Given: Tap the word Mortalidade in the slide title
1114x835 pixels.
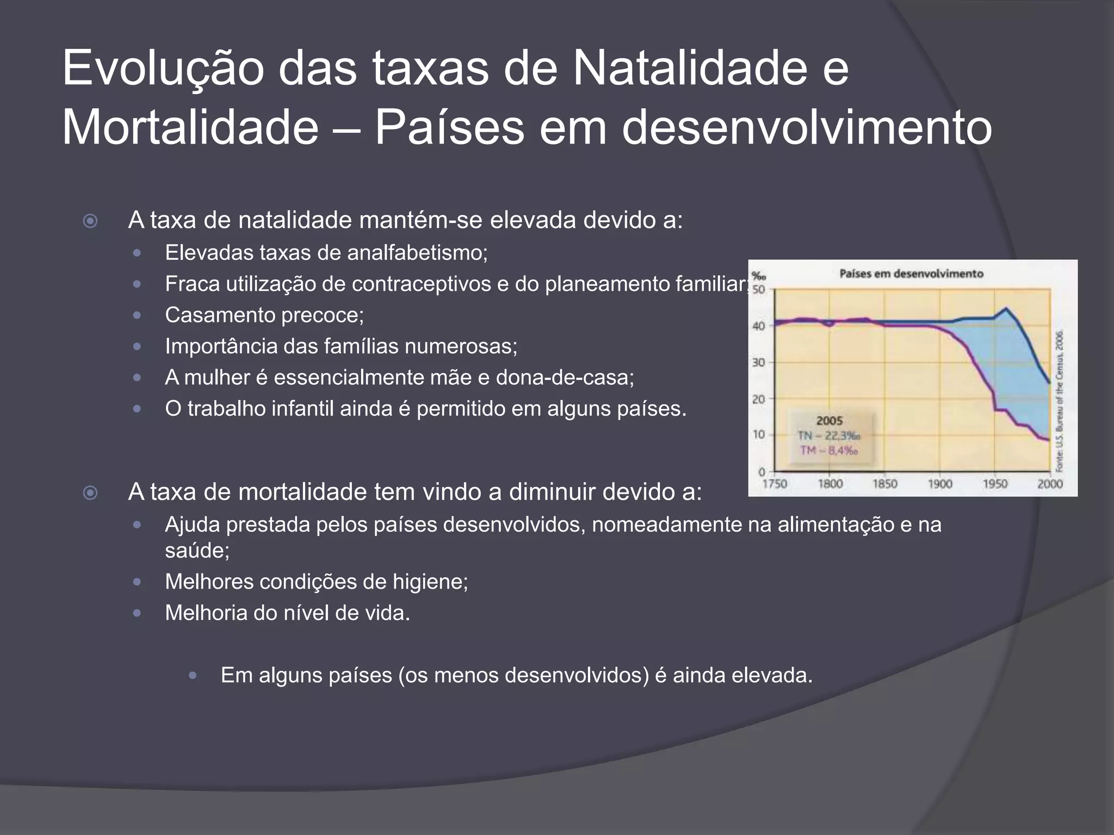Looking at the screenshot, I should (x=190, y=128).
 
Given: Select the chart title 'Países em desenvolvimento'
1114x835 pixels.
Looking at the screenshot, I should (x=911, y=273).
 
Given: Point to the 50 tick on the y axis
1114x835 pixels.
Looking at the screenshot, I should (x=759, y=290).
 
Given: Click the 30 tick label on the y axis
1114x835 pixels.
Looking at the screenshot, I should (x=759, y=362).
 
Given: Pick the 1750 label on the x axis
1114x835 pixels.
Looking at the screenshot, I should (x=775, y=484).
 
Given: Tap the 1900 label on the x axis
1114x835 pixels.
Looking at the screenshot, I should (x=940, y=484).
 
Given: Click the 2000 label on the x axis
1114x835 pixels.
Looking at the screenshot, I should (x=1050, y=484).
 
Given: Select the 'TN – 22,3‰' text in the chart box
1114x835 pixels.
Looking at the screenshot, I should (x=829, y=436).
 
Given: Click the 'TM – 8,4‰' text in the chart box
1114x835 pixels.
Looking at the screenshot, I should (x=829, y=450).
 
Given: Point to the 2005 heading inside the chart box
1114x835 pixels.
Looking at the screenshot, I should (x=830, y=421).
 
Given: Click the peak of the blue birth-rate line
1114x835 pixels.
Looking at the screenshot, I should (x=1006, y=309).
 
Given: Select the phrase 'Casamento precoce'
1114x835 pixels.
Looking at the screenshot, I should (x=264, y=315).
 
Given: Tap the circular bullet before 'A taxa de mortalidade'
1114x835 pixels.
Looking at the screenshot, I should (x=90, y=493).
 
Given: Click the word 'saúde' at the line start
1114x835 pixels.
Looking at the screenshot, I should (x=197, y=551).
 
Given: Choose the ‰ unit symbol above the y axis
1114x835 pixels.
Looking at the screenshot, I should (x=758, y=276).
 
